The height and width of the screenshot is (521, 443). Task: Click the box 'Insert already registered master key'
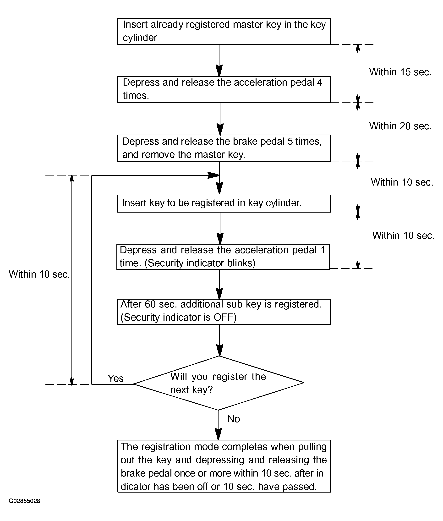tap(224, 31)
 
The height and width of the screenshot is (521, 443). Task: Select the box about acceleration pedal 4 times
tap(224, 89)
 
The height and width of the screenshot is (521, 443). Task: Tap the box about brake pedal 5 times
tap(224, 148)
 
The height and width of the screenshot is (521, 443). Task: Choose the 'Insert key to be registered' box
tap(224, 203)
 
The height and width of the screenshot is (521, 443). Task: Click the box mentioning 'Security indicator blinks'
tap(223, 257)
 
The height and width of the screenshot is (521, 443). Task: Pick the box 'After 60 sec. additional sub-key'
tap(224, 312)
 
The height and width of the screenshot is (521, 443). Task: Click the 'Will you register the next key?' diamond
tap(219, 383)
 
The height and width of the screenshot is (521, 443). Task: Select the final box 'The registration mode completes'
tap(224, 466)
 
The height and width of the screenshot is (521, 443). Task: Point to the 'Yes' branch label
tap(115, 378)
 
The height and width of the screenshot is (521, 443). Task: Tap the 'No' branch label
tap(234, 419)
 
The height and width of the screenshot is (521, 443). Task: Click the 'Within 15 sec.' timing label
tap(400, 72)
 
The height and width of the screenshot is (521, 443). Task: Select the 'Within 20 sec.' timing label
tap(400, 126)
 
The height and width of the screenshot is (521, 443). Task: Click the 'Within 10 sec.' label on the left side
tap(39, 274)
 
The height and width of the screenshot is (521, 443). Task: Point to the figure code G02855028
tap(24, 501)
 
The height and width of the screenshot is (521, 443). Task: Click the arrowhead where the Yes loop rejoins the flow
tap(213, 175)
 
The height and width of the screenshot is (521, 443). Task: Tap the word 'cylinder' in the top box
tap(140, 38)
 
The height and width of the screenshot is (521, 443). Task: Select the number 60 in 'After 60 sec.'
tap(150, 304)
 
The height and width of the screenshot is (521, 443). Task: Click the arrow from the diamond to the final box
tap(218, 425)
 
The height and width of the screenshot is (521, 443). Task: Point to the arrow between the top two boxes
tap(219, 60)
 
